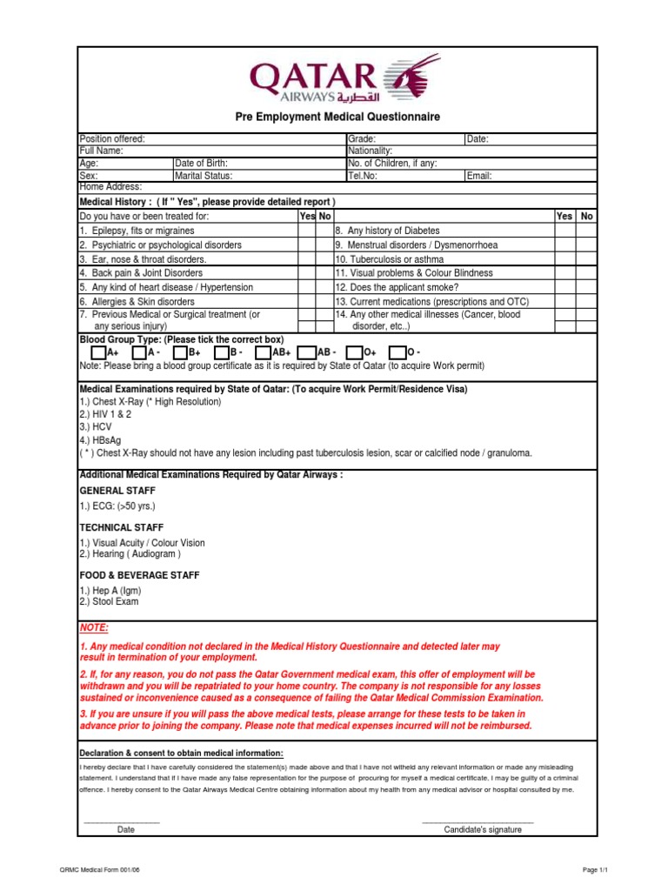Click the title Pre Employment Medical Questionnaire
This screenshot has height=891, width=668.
coord(338,117)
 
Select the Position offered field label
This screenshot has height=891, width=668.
coord(112,139)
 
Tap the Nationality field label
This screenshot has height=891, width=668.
coord(371,151)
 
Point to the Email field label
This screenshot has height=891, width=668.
coord(479,176)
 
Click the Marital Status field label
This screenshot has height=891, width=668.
coord(204,176)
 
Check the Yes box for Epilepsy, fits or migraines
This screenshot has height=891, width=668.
coord(306,231)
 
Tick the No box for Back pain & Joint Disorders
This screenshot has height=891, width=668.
coord(324,272)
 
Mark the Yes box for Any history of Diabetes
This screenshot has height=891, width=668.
coord(564,231)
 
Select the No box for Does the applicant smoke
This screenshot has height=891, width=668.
coord(587,287)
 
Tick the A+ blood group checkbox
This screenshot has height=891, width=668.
coord(97,353)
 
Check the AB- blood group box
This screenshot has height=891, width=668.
coord(305,353)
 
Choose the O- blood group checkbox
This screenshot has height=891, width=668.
coord(397,353)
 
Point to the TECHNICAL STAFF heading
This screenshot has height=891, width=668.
coord(121,527)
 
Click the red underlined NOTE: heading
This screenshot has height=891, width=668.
coord(95,628)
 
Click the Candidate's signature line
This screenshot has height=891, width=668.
coord(477,821)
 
